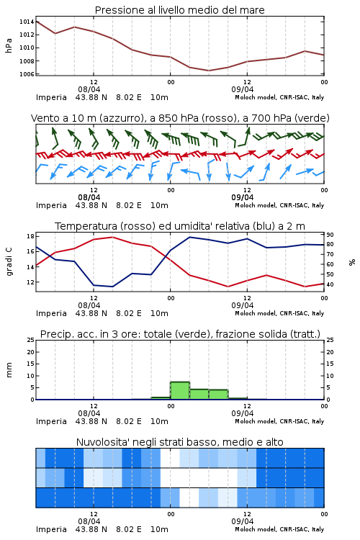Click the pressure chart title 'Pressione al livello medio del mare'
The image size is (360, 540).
click(x=179, y=10)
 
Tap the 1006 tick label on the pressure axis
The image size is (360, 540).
click(x=27, y=74)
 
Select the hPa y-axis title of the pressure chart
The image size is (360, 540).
click(x=9, y=46)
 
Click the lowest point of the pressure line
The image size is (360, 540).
click(x=208, y=71)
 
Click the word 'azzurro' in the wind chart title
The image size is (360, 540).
click(x=120, y=119)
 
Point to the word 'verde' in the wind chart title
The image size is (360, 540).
click(x=311, y=119)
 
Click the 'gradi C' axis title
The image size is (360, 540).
click(x=9, y=262)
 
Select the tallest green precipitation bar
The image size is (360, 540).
click(x=180, y=390)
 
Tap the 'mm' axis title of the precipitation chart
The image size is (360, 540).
click(x=9, y=370)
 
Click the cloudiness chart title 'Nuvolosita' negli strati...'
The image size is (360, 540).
click(x=179, y=442)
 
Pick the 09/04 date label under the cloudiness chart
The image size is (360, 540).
click(x=243, y=521)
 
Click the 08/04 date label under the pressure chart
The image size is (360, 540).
click(x=89, y=89)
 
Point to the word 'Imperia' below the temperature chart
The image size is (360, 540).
click(x=51, y=313)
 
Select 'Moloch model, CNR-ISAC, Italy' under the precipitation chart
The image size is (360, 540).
click(x=279, y=421)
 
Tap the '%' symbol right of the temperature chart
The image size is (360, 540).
click(x=352, y=262)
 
